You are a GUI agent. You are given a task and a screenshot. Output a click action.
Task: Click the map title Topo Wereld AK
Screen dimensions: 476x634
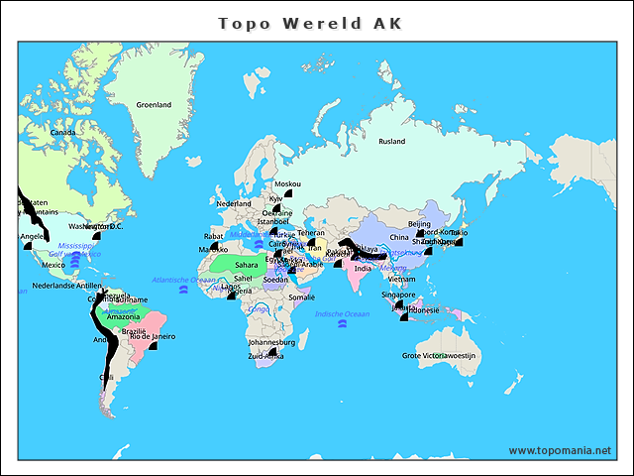(310, 23)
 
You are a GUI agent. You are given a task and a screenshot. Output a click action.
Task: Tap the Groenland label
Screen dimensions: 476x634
(154, 105)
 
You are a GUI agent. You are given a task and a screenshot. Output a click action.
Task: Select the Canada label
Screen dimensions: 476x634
(62, 132)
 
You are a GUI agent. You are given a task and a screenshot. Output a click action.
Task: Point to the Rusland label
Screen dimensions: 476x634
(391, 141)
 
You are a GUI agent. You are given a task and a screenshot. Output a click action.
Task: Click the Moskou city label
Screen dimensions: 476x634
(287, 184)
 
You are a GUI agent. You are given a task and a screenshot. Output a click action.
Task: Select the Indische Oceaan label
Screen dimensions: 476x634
(342, 313)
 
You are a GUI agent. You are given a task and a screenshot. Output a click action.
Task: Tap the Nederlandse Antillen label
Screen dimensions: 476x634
(67, 286)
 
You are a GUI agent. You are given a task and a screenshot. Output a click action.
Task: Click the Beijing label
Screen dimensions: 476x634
(419, 224)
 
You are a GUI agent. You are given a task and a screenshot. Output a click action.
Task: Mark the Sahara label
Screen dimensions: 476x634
(246, 265)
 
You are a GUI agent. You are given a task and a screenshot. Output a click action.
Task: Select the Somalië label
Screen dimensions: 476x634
(302, 297)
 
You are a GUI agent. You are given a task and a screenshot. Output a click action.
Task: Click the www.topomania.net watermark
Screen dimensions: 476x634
(560, 450)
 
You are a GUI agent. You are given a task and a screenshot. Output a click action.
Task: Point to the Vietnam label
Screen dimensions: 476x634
(402, 280)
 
